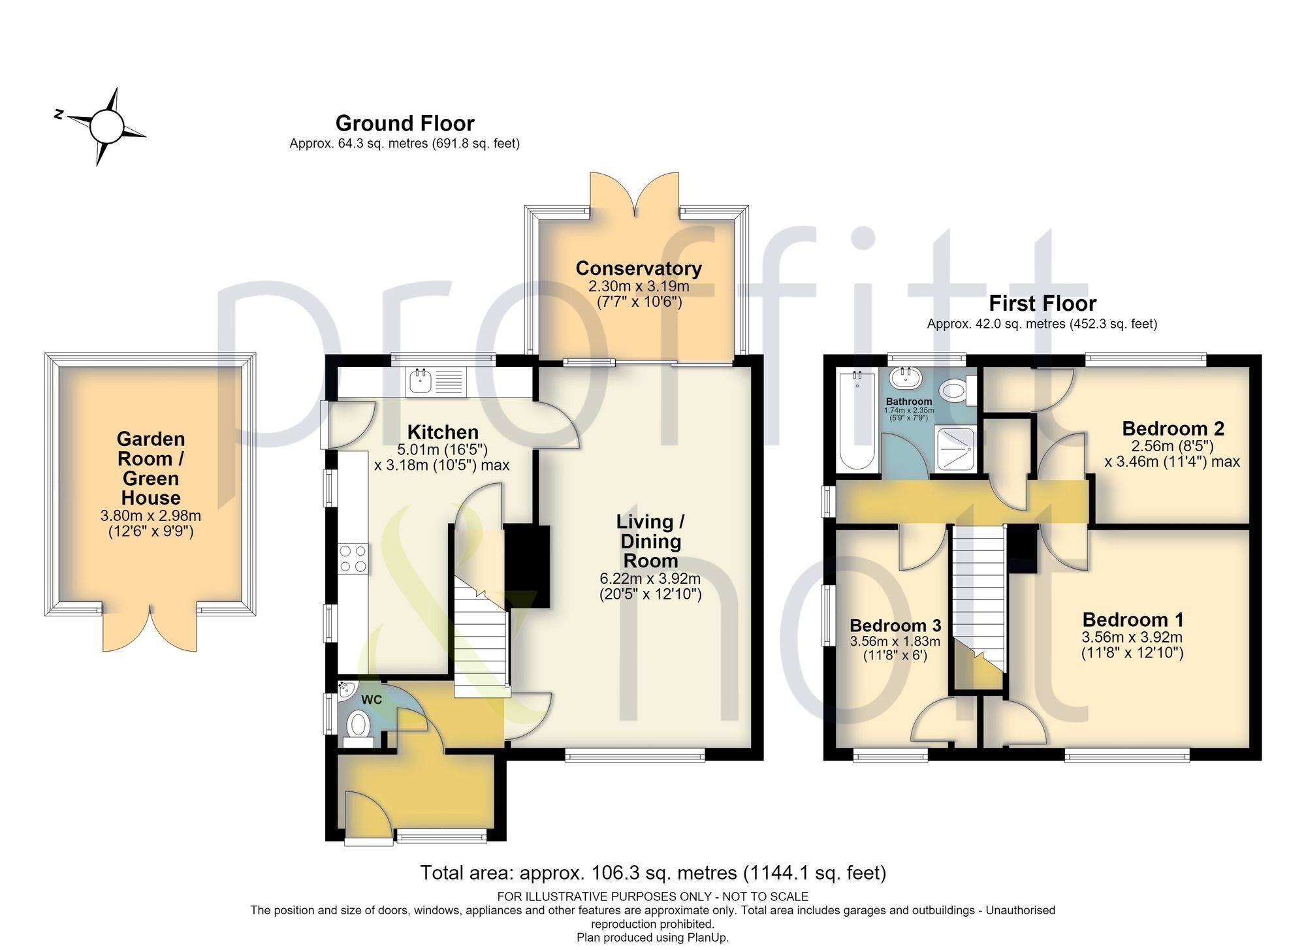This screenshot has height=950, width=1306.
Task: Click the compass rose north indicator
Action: click(x=59, y=115)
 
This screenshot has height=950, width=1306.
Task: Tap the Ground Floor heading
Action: click(x=405, y=123)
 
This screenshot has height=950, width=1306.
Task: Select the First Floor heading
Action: click(x=1042, y=303)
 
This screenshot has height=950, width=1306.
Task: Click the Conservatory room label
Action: click(x=639, y=268)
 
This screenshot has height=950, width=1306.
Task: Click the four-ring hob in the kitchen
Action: click(x=353, y=559)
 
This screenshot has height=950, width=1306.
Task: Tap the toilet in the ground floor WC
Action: click(x=358, y=728)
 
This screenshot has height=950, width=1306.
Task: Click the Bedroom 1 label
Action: click(x=1133, y=619)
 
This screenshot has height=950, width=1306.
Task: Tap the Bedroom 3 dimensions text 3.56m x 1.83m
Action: click(x=895, y=642)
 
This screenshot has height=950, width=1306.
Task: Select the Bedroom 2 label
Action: click(x=1173, y=428)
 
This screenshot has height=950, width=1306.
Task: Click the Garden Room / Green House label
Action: click(x=150, y=468)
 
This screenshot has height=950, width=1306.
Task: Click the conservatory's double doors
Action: click(x=635, y=194)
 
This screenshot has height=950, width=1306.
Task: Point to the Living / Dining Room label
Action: click(x=650, y=541)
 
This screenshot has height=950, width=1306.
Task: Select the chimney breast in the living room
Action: click(x=528, y=565)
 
